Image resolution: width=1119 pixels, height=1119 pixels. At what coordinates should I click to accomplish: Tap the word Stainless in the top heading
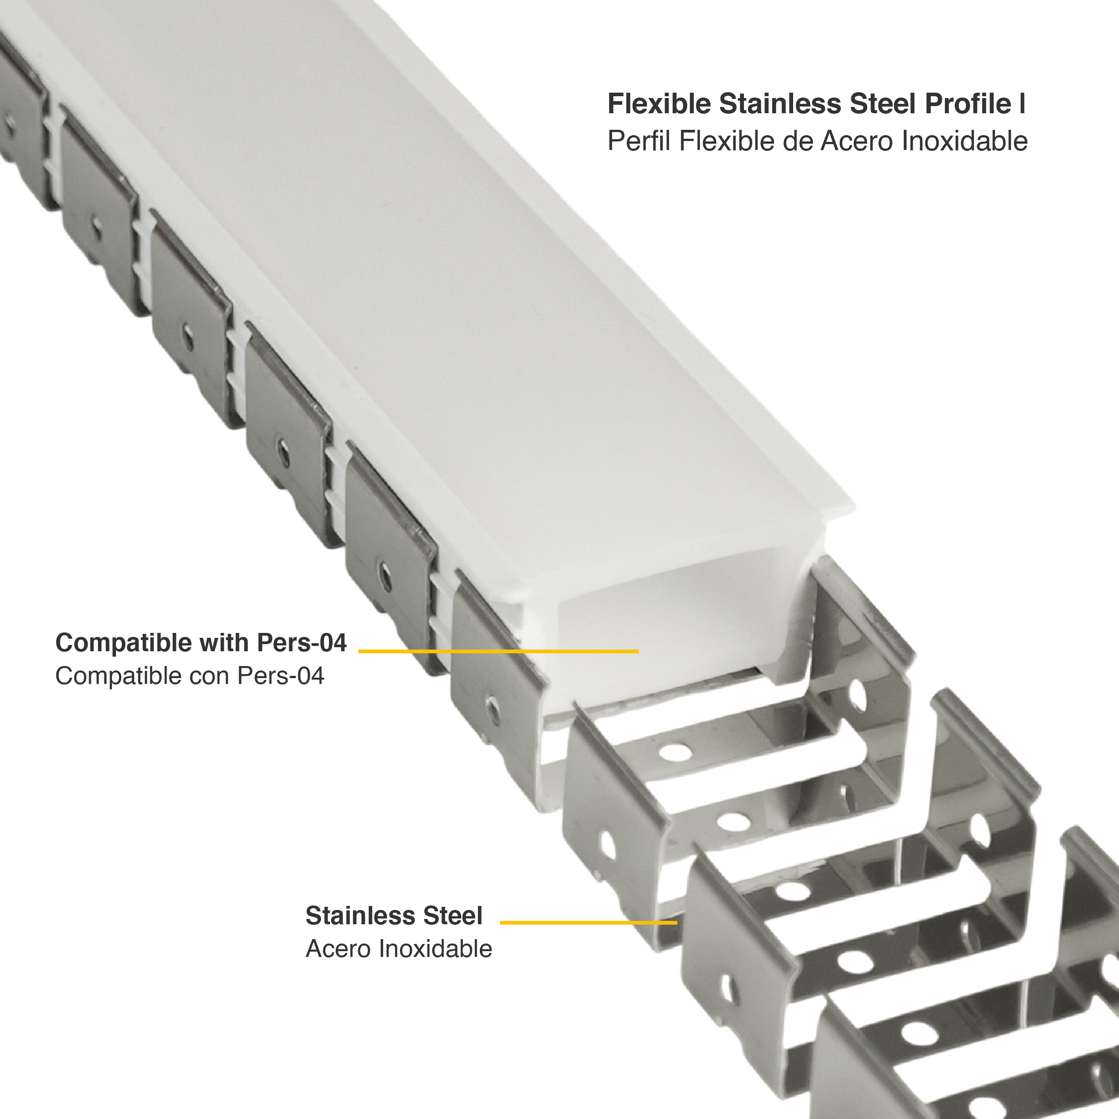click(780, 104)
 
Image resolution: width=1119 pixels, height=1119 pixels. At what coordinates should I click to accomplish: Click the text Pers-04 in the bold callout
click(301, 643)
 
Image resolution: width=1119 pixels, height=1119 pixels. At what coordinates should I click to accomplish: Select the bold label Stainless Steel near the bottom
click(394, 916)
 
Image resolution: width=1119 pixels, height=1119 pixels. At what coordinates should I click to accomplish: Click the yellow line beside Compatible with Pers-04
click(498, 651)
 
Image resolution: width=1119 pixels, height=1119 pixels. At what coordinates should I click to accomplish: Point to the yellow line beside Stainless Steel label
click(588, 923)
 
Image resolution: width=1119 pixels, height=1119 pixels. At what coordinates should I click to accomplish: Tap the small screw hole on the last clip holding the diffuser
click(492, 708)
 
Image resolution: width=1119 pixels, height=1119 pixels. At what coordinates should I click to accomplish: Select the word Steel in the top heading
click(883, 104)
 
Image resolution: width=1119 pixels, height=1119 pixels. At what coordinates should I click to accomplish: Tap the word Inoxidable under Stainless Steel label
click(436, 949)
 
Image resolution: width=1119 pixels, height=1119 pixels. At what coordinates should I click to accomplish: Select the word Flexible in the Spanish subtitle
click(726, 141)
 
